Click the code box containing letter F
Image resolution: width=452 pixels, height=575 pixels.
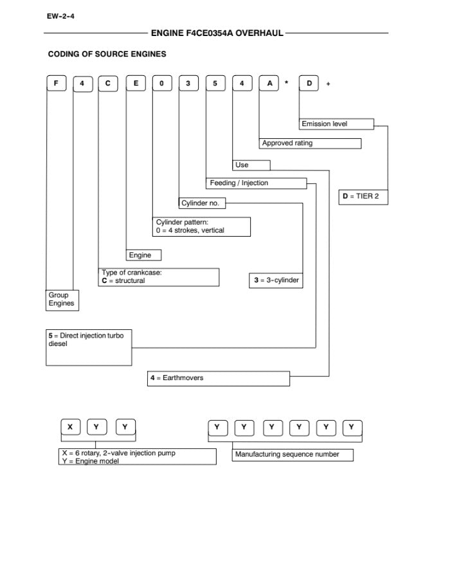point(57,84)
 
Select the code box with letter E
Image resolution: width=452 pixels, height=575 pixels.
point(136,84)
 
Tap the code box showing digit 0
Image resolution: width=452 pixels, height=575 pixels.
point(162,84)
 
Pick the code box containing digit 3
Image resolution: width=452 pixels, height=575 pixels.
point(189,84)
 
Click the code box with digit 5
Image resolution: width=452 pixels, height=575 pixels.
point(216,84)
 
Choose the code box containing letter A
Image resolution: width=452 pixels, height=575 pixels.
point(269,84)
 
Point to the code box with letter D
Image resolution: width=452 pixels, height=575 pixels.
point(309,84)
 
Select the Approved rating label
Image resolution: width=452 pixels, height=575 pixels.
point(311,143)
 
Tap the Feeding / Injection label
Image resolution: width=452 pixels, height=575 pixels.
point(257,183)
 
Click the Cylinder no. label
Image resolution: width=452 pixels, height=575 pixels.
point(202,203)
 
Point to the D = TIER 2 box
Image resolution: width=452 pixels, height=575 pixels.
point(363,196)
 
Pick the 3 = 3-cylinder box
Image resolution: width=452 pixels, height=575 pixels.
point(275,281)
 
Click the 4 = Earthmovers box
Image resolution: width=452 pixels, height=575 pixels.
point(219,378)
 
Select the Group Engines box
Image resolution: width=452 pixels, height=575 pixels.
point(62,300)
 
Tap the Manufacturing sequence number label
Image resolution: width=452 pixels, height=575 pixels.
point(293,455)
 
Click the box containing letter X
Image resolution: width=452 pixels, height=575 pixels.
point(70,427)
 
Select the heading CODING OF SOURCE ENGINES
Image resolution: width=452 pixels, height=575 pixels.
point(107,54)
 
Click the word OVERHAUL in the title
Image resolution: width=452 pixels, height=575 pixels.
point(259,33)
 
